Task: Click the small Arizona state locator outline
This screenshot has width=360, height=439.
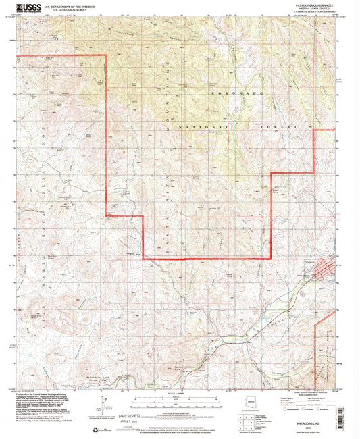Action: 251,403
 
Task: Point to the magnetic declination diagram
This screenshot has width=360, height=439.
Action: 102,405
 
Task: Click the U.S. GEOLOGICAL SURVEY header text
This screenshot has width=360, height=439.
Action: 65,9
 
